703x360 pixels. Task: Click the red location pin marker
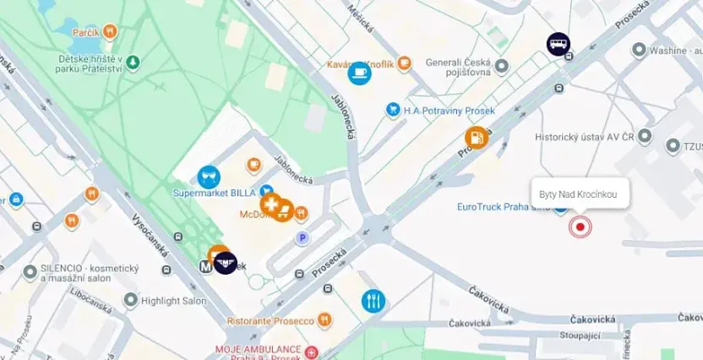[x=580, y=226]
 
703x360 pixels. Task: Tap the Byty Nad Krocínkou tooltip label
[x=579, y=194]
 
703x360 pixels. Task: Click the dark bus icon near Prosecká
[x=558, y=44]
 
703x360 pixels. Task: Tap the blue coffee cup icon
[x=359, y=74]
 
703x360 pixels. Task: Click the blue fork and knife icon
[x=373, y=300]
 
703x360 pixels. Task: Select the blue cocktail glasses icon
[x=209, y=176]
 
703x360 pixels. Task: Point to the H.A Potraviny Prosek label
[x=449, y=110]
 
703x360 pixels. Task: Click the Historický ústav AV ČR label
[x=584, y=136]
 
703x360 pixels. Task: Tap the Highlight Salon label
[x=173, y=301]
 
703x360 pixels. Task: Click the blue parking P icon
[x=302, y=239]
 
